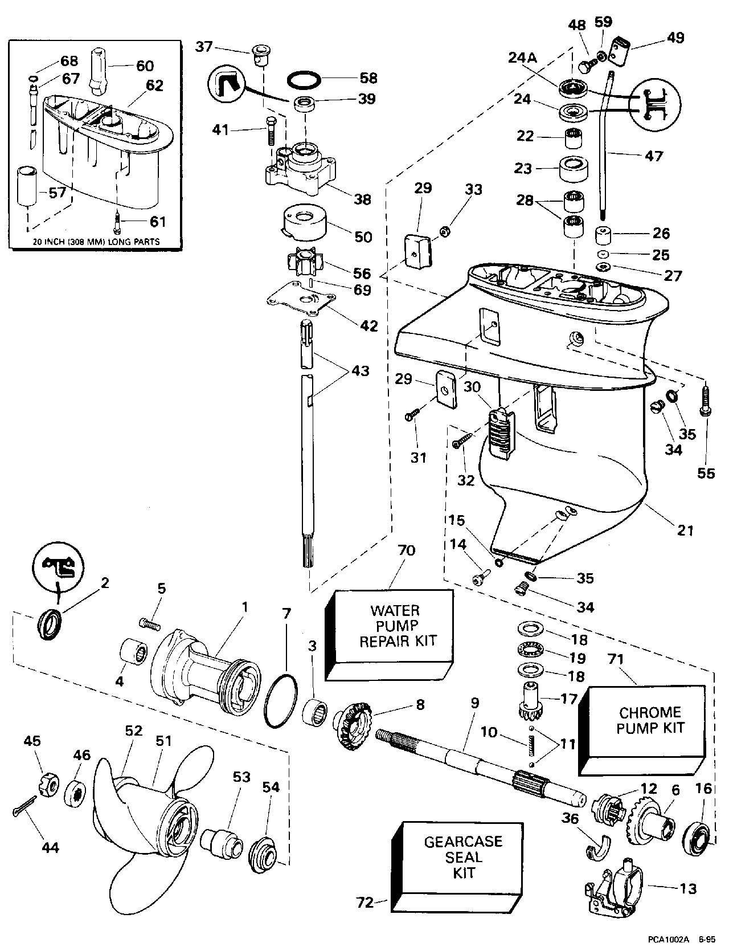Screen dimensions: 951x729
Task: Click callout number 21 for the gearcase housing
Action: coord(686,530)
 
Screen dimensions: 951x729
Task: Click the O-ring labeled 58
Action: coord(301,80)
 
